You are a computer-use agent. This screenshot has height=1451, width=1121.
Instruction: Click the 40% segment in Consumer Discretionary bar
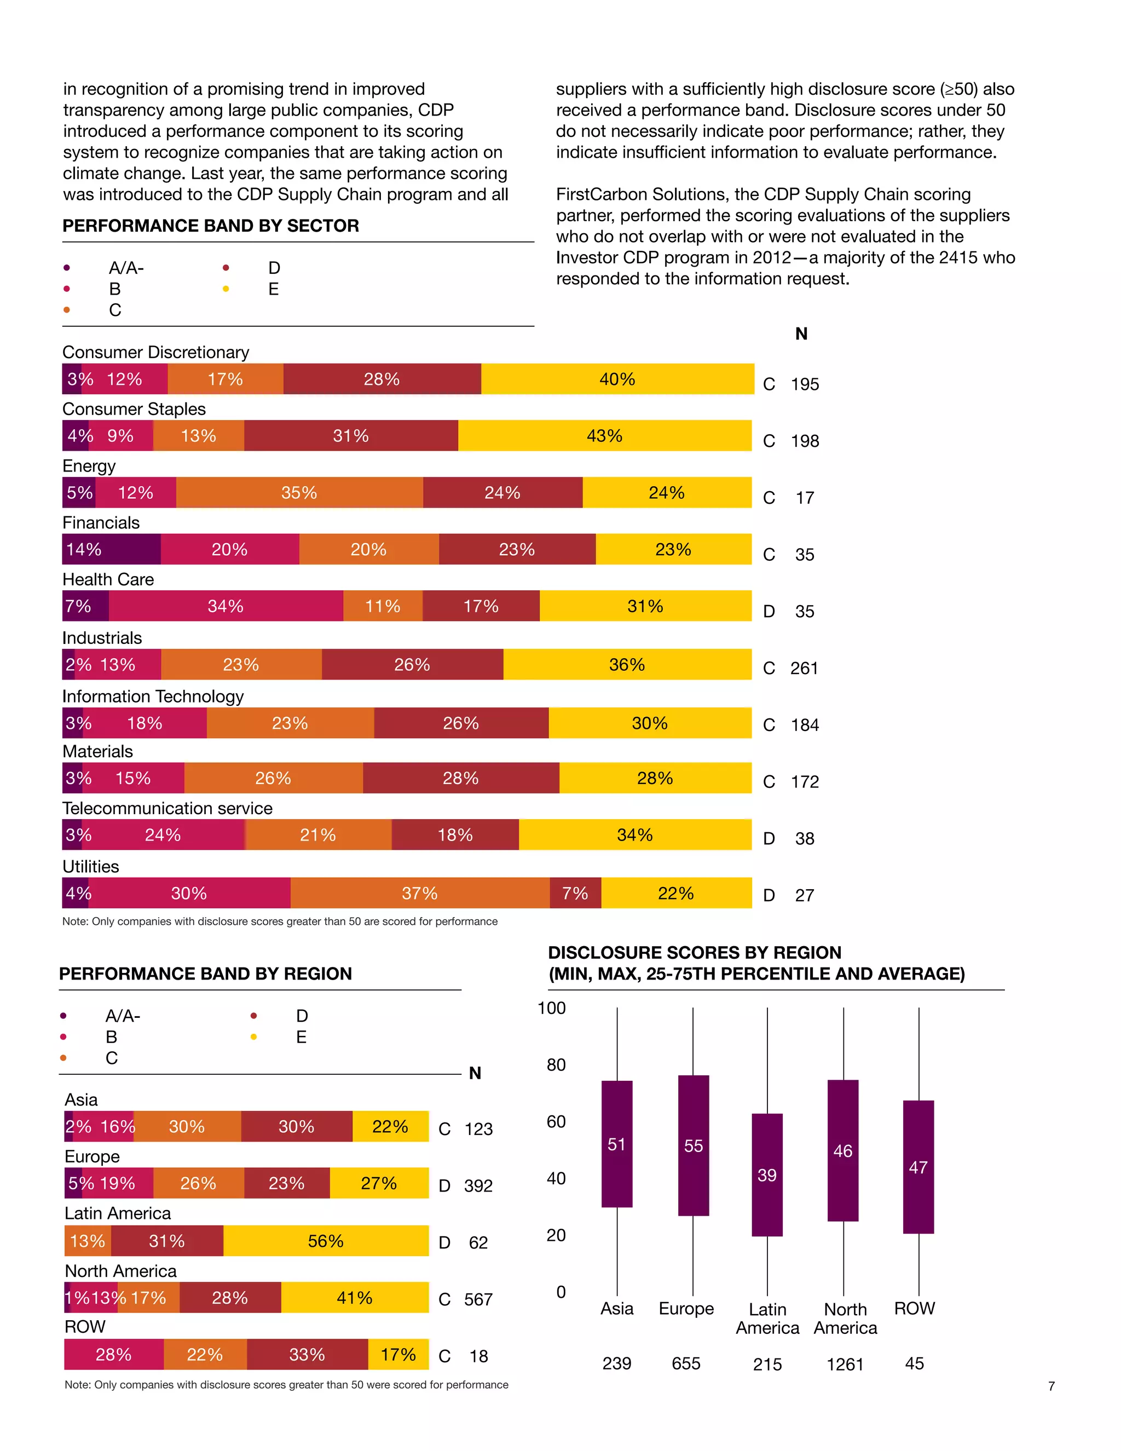[617, 379]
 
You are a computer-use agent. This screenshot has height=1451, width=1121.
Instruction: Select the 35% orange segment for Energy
[299, 493]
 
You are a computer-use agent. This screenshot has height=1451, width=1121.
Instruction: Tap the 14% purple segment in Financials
[111, 549]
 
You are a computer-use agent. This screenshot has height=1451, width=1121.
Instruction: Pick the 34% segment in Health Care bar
[226, 607]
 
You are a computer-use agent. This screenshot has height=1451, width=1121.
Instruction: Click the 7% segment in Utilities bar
[575, 894]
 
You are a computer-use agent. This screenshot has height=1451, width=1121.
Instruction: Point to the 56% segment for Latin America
[326, 1241]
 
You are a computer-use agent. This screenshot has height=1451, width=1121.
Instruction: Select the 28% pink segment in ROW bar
[113, 1355]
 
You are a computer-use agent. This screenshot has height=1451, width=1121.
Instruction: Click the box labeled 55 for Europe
[694, 1146]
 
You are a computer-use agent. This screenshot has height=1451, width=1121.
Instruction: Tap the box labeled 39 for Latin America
[767, 1175]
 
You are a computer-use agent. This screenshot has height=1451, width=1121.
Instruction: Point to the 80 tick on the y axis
[556, 1065]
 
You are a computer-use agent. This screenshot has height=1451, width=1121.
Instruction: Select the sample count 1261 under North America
[845, 1364]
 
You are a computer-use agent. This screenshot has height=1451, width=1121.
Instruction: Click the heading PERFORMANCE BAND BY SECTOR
[211, 226]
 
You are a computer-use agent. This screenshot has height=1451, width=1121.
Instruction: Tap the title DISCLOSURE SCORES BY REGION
[694, 953]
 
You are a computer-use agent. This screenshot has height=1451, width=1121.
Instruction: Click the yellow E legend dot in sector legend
[226, 289]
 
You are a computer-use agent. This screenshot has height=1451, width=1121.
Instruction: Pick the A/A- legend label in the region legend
[123, 1016]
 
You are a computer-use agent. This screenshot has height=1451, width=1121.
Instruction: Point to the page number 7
[1051, 1386]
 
